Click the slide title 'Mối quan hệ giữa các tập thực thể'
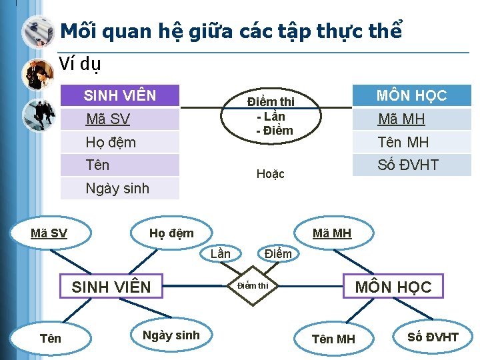coord(231,31)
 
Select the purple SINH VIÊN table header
coord(120,96)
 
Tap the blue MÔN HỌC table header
coord(411,95)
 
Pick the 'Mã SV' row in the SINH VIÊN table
coord(120,119)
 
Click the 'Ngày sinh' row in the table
coord(120,188)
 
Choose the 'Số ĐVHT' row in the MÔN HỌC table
coord(411,165)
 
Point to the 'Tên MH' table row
coord(411,142)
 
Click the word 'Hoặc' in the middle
coord(271,174)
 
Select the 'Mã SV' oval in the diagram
coord(49,233)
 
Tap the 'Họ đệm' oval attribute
coord(171,233)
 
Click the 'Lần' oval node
coord(220,253)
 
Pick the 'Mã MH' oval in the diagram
coord(332,233)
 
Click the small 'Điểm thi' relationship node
coord(253,286)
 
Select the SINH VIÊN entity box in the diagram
coord(111,287)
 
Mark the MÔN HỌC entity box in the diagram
coord(393,287)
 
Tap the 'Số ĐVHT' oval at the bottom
coord(433,337)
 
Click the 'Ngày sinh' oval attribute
coord(171,335)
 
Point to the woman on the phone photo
coord(37,73)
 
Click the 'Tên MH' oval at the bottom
coord(333,339)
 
